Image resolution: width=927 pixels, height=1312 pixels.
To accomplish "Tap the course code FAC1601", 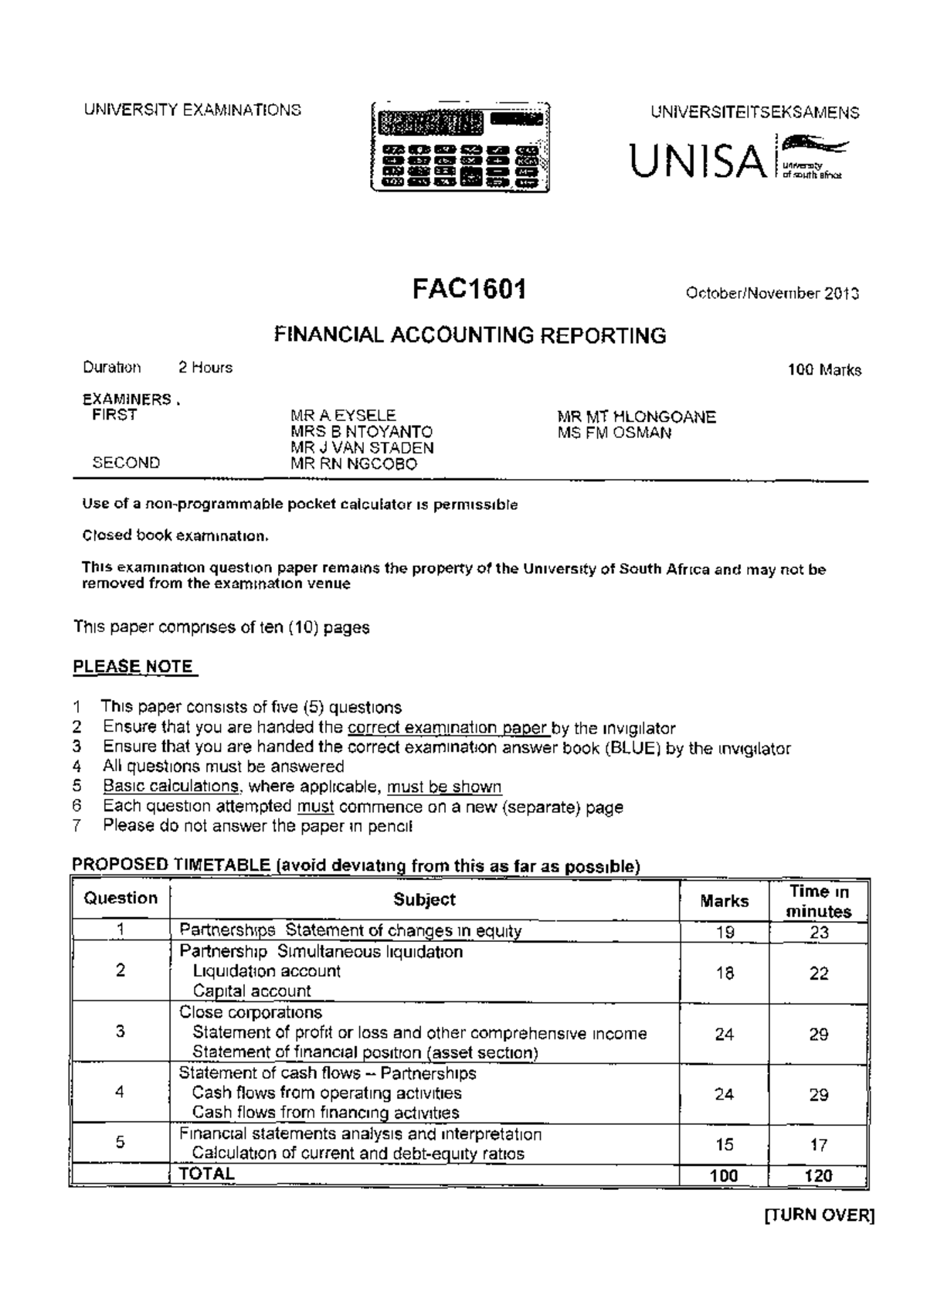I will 469,290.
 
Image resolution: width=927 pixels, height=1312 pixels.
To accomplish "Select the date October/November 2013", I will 772,294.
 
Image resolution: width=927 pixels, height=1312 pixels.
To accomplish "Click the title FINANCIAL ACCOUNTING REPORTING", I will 470,335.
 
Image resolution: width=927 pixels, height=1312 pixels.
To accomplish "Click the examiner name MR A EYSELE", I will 343,416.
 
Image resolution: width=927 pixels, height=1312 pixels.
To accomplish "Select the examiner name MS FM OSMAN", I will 614,433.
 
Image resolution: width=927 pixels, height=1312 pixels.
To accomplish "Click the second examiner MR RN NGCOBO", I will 354,464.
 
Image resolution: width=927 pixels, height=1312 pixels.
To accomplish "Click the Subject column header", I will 424,899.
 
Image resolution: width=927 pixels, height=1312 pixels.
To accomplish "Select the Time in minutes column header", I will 819,901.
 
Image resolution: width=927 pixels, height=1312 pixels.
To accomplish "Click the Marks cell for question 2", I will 724,973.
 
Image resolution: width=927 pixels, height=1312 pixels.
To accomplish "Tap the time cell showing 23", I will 819,933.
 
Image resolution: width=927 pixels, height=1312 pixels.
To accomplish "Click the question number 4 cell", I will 120,1092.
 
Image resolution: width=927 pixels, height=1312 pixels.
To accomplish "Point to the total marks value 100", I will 724,1176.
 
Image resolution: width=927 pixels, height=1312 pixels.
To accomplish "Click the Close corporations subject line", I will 250,1012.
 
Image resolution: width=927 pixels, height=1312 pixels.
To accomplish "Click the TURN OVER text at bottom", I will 818,1215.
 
